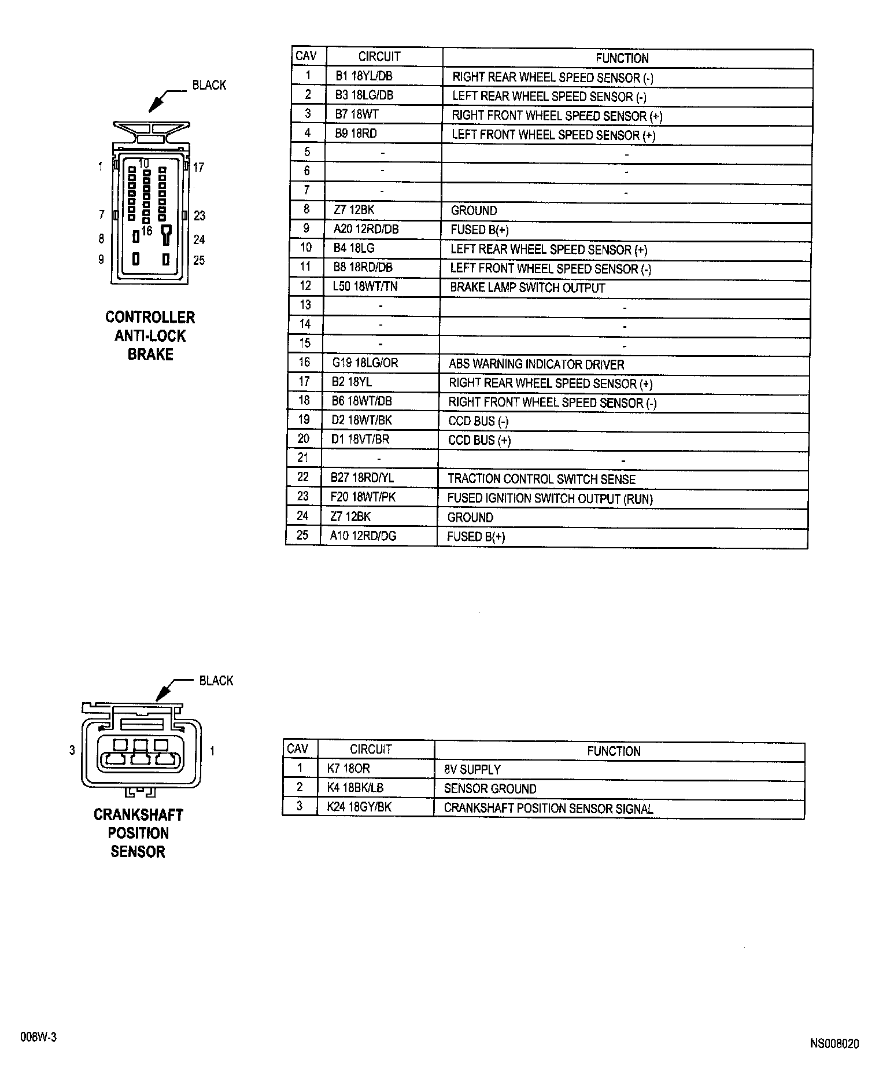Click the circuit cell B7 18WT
coord(356,115)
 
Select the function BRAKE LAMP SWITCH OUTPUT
coord(527,288)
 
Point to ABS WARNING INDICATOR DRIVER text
coord(536,365)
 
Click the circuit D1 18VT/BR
coord(360,440)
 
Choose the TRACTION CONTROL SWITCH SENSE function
coord(541,479)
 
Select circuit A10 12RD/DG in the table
coord(363,536)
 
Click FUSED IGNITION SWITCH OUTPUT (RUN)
coord(550,499)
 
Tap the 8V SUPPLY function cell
coord(472,770)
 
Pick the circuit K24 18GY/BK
coord(359,807)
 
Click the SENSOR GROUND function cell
coord(490,789)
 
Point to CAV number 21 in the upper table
coord(303,458)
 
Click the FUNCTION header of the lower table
coord(614,751)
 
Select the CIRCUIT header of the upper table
coord(379,57)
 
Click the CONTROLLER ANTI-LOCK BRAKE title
coord(150,335)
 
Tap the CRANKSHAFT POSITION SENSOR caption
coord(138,833)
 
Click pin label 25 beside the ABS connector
coord(199,260)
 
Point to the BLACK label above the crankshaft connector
coord(216,681)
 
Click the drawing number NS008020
coord(834,1044)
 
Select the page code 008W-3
coord(38,1037)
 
